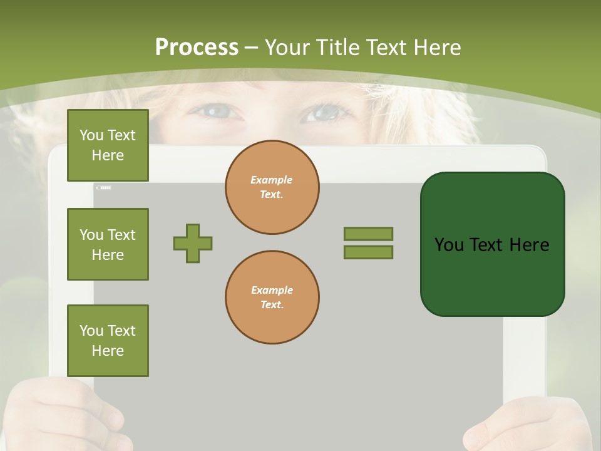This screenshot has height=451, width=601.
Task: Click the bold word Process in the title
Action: point(197,48)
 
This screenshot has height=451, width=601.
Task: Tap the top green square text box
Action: point(108,145)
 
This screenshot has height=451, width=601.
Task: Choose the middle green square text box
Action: point(108,244)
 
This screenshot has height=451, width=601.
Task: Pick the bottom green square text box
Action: point(108,341)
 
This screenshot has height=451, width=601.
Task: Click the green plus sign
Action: point(193,243)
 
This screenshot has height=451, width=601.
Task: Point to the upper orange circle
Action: point(272,187)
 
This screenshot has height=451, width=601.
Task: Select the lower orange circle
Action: point(272,298)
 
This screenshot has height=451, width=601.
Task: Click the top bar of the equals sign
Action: point(368,234)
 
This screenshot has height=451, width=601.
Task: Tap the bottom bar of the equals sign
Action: point(368,252)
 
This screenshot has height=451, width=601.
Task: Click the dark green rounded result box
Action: point(492,244)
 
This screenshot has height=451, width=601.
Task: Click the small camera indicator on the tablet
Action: point(104,187)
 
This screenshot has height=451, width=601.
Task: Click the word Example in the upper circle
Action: point(271,180)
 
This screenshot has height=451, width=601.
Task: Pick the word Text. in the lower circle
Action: point(272,304)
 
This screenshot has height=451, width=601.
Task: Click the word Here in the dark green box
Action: point(529,245)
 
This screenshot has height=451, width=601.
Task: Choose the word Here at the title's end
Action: point(438,48)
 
